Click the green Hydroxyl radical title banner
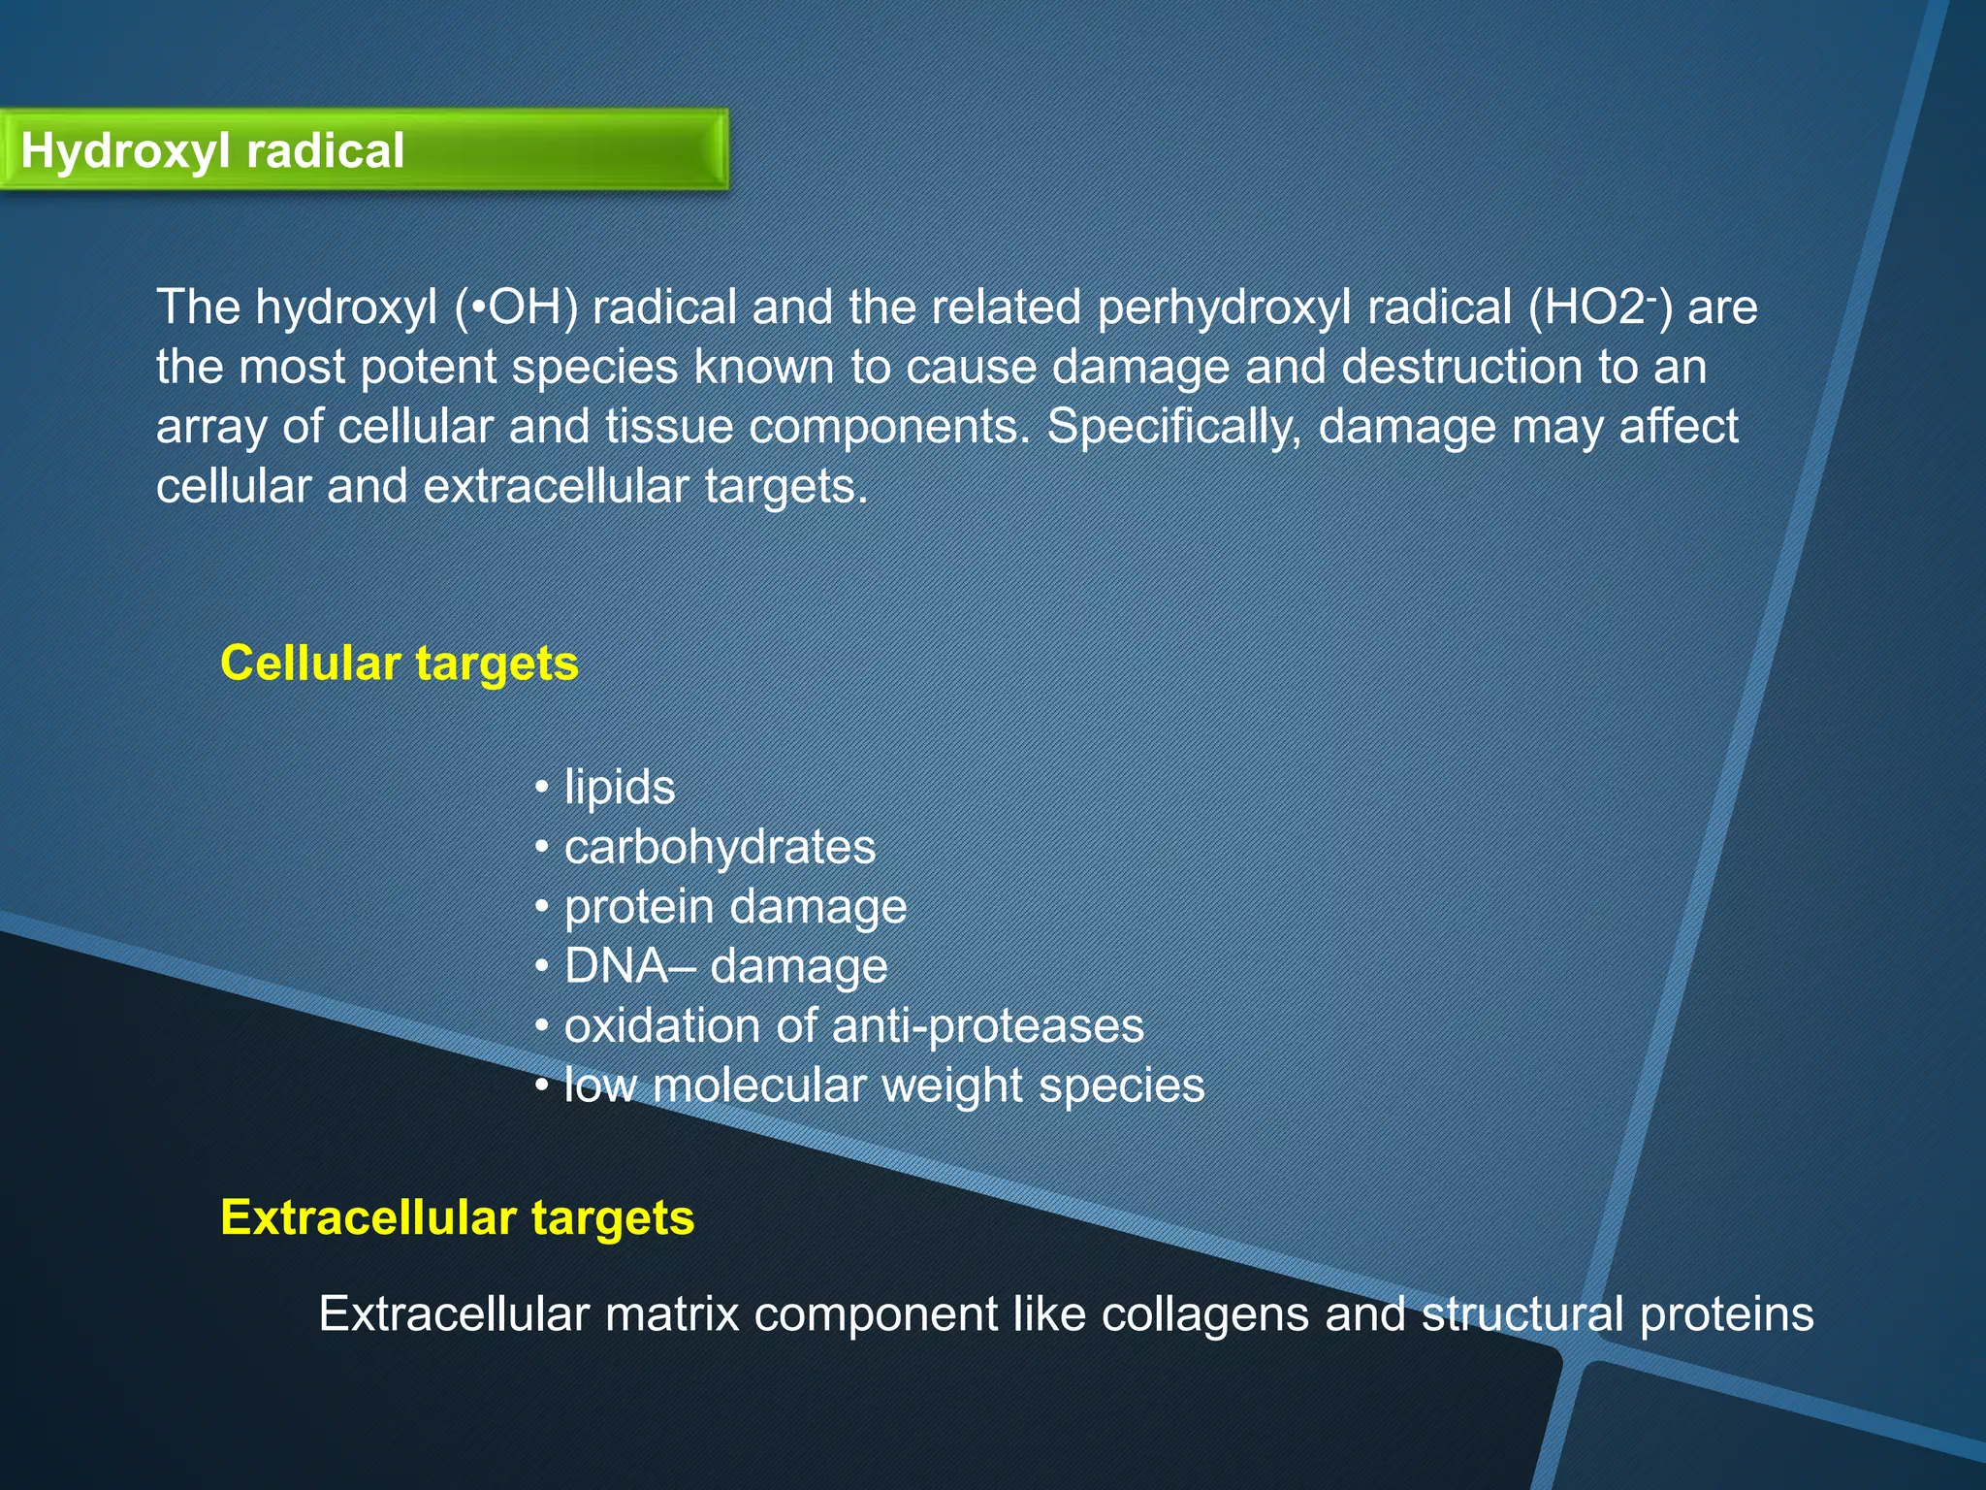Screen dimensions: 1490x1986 tap(364, 150)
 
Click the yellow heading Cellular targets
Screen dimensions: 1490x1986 tap(399, 664)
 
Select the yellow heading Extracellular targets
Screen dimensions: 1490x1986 tap(457, 1217)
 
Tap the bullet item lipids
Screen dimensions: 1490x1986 tap(619, 787)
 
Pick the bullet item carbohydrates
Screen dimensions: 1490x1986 tap(720, 847)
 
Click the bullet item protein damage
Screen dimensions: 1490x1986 tap(735, 907)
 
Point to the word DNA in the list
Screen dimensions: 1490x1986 tap(615, 966)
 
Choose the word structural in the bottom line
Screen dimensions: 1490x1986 tap(1522, 1314)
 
